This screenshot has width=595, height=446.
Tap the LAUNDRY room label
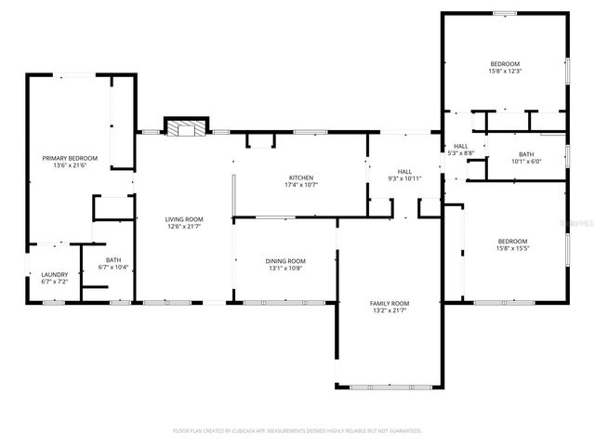coord(54,274)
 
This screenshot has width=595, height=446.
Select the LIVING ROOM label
coord(184,219)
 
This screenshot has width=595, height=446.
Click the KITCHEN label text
coord(300,177)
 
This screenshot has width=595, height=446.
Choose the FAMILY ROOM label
coord(390,304)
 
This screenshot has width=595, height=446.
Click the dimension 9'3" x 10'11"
coord(404,178)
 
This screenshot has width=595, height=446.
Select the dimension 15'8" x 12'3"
coord(505,71)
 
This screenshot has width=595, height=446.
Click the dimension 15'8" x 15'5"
coord(511,248)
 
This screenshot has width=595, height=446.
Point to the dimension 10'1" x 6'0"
coord(525,161)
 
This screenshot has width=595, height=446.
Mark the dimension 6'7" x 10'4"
coord(112,268)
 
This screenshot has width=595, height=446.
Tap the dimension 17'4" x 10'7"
coord(300,184)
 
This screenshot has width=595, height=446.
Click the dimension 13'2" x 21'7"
coord(390,310)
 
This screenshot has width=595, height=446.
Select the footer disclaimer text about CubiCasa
coord(297,431)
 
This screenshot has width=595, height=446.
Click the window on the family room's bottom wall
coord(389,387)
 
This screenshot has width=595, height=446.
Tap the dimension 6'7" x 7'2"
coord(54,281)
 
